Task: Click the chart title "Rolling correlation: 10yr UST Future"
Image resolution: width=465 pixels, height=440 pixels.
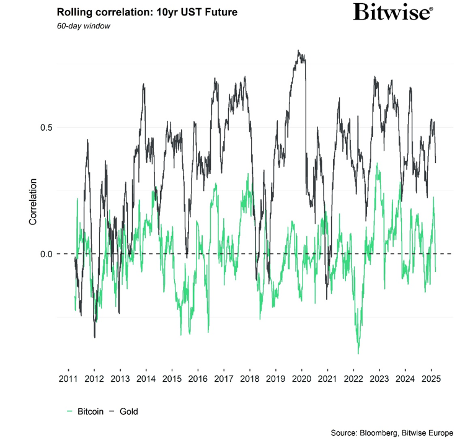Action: pyautogui.click(x=146, y=12)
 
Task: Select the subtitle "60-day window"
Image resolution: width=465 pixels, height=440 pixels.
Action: pyautogui.click(x=83, y=26)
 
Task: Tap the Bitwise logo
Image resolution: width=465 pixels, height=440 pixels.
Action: pyautogui.click(x=393, y=12)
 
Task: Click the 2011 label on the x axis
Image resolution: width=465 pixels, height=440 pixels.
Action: pyautogui.click(x=68, y=379)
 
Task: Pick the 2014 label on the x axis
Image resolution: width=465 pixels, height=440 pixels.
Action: pyautogui.click(x=146, y=379)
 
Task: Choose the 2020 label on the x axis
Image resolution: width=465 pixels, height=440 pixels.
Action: pyautogui.click(x=301, y=379)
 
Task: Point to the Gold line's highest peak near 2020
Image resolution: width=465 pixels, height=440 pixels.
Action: pyautogui.click(x=299, y=51)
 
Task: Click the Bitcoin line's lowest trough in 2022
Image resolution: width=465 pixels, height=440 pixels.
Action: pyautogui.click(x=358, y=353)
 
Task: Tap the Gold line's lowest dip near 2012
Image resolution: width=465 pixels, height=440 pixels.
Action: pyautogui.click(x=94, y=337)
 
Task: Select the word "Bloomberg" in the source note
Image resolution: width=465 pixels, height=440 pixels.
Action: pyautogui.click(x=386, y=432)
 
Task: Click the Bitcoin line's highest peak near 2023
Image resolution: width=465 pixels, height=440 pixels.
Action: pyautogui.click(x=378, y=165)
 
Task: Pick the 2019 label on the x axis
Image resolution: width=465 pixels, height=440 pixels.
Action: pyautogui.click(x=275, y=379)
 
